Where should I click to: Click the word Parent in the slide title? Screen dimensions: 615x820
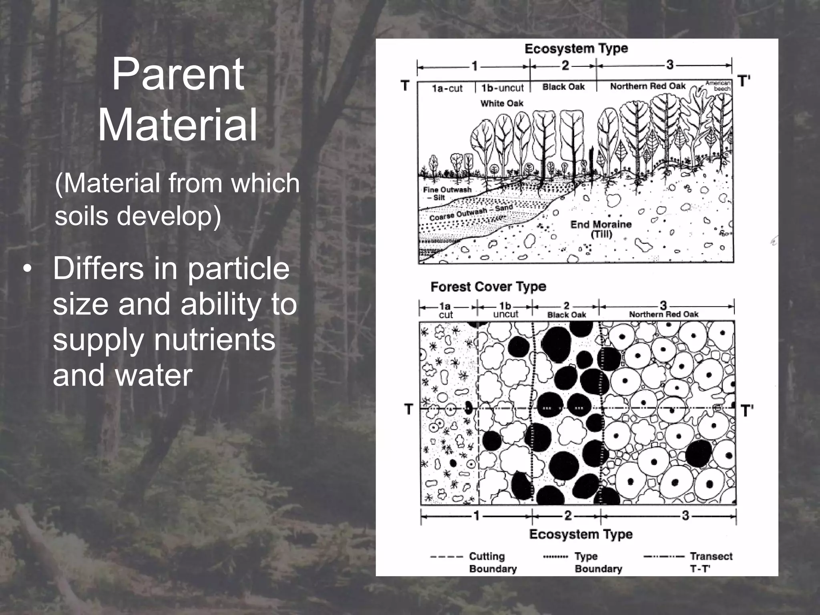tap(177, 74)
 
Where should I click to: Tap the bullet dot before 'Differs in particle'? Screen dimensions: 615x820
tap(27, 269)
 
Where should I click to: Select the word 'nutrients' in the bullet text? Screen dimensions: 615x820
tap(215, 340)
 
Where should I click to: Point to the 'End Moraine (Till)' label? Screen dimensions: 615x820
tap(601, 229)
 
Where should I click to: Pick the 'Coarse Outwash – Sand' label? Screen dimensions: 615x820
tap(470, 213)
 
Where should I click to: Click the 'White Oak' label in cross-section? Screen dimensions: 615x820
tap(501, 103)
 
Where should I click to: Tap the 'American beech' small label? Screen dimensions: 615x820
tap(719, 85)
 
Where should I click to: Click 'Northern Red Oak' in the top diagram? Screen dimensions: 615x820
tap(647, 86)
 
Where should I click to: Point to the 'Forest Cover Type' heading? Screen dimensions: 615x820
tap(488, 287)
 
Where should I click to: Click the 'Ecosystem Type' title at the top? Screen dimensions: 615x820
tap(576, 49)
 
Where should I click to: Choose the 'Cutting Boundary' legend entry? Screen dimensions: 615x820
tap(492, 562)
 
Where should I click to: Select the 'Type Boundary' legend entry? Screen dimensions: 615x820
tap(598, 562)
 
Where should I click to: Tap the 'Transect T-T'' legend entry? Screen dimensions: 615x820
tap(710, 562)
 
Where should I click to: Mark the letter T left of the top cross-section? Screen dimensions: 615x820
tap(405, 85)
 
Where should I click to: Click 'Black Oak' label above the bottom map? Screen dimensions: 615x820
tap(566, 315)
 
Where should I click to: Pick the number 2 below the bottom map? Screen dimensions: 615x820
tap(568, 516)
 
